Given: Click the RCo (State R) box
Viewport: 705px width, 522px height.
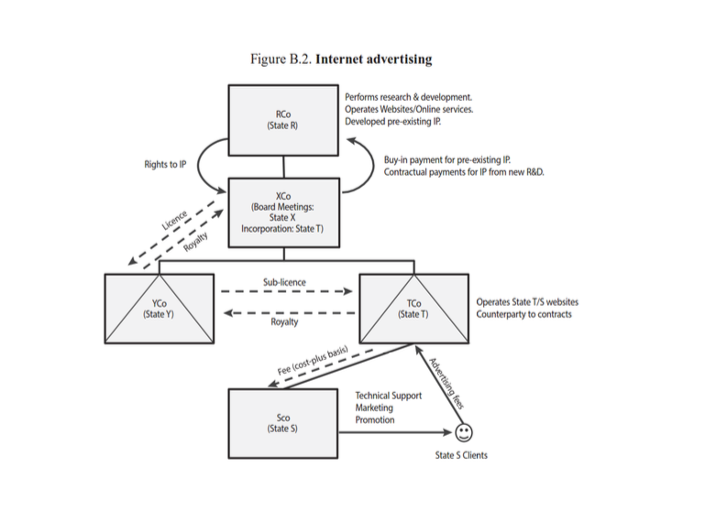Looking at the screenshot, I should coord(283,120).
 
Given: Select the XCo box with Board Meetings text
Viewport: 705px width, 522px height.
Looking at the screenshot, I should coord(283,212).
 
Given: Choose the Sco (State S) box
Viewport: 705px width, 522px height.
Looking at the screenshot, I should coord(283,423).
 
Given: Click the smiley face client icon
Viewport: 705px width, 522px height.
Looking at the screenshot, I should coord(464,430).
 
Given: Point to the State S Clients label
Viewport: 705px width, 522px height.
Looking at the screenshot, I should coord(461,455).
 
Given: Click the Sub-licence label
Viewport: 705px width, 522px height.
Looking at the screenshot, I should coord(284,283).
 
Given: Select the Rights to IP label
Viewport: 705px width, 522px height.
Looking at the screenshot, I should coord(165,165).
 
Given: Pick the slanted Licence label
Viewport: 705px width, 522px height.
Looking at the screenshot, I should coord(174,221).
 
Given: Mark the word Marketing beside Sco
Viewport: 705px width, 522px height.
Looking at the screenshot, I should coord(374,408).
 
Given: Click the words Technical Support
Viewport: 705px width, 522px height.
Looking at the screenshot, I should coord(389,395).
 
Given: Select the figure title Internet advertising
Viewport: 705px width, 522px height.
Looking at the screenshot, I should coord(373,60).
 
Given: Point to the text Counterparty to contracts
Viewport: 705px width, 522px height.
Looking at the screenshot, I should coord(523,314).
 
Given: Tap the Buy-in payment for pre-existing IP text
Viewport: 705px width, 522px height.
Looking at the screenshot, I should coord(447,159).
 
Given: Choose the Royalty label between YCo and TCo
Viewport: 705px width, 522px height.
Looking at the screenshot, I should coord(284,322).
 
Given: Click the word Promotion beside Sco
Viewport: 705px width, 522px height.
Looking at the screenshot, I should coord(375,420).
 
